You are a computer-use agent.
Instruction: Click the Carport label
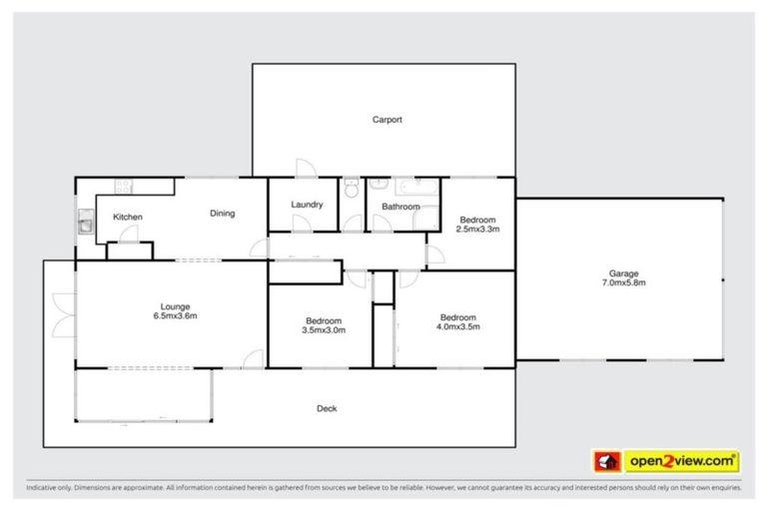click(387, 120)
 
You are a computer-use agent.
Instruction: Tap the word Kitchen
click(128, 217)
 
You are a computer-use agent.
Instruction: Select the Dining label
click(222, 213)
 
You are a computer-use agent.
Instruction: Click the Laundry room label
click(307, 205)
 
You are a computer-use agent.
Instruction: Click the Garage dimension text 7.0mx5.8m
click(624, 283)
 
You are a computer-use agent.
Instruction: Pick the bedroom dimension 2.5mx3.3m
click(478, 229)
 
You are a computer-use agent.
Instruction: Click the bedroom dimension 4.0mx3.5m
click(460, 326)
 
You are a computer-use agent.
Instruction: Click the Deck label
click(327, 408)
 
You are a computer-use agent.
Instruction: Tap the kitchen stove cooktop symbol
click(125, 185)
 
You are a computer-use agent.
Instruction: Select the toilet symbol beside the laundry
click(350, 189)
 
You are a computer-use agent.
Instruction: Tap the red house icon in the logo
click(605, 461)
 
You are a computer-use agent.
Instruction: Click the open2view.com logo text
click(682, 461)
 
